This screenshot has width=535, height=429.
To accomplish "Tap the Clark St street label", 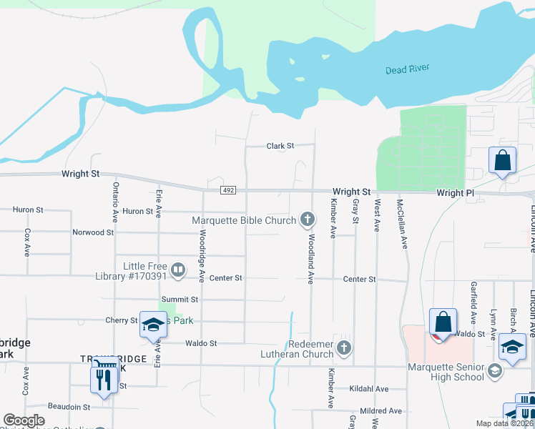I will pos(280,146).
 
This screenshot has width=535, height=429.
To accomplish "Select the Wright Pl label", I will pos(455,193).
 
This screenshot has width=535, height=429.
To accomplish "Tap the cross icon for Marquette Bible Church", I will pos(308,219).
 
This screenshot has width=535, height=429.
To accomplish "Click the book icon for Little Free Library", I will pos(178,270).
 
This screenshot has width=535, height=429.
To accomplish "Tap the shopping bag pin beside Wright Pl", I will pos(502,161).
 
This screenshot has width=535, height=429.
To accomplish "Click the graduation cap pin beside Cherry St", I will pos(152,325).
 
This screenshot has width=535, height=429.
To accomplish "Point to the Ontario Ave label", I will pos(115,201).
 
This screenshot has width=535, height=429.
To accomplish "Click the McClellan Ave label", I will pos(403,223).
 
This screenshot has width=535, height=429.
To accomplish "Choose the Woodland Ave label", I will pos(311,257).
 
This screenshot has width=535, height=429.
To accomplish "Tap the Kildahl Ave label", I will pos(369,389).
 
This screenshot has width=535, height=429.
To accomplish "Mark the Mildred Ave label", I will pos(381,411).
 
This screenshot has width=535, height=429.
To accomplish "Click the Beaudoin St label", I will pos(69,406).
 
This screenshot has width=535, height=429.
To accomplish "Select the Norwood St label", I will pos(93,232).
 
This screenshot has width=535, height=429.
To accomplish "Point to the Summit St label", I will pos(180,300).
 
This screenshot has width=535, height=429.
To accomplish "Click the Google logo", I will pos(24,421).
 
